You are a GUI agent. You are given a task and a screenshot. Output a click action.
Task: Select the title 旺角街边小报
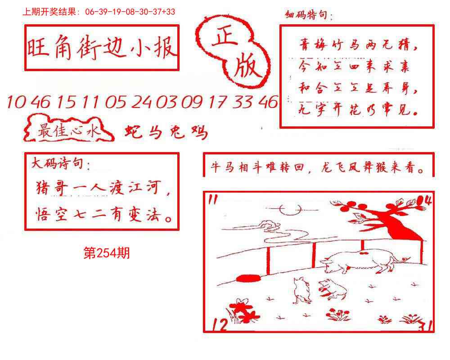[x=102, y=48]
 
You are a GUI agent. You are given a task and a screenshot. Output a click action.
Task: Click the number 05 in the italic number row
[x=117, y=103]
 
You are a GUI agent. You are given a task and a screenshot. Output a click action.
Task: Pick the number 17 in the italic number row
[x=219, y=103]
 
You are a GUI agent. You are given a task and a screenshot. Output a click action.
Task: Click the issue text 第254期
[x=107, y=254]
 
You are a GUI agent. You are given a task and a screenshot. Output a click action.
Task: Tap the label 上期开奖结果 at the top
[x=51, y=12]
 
